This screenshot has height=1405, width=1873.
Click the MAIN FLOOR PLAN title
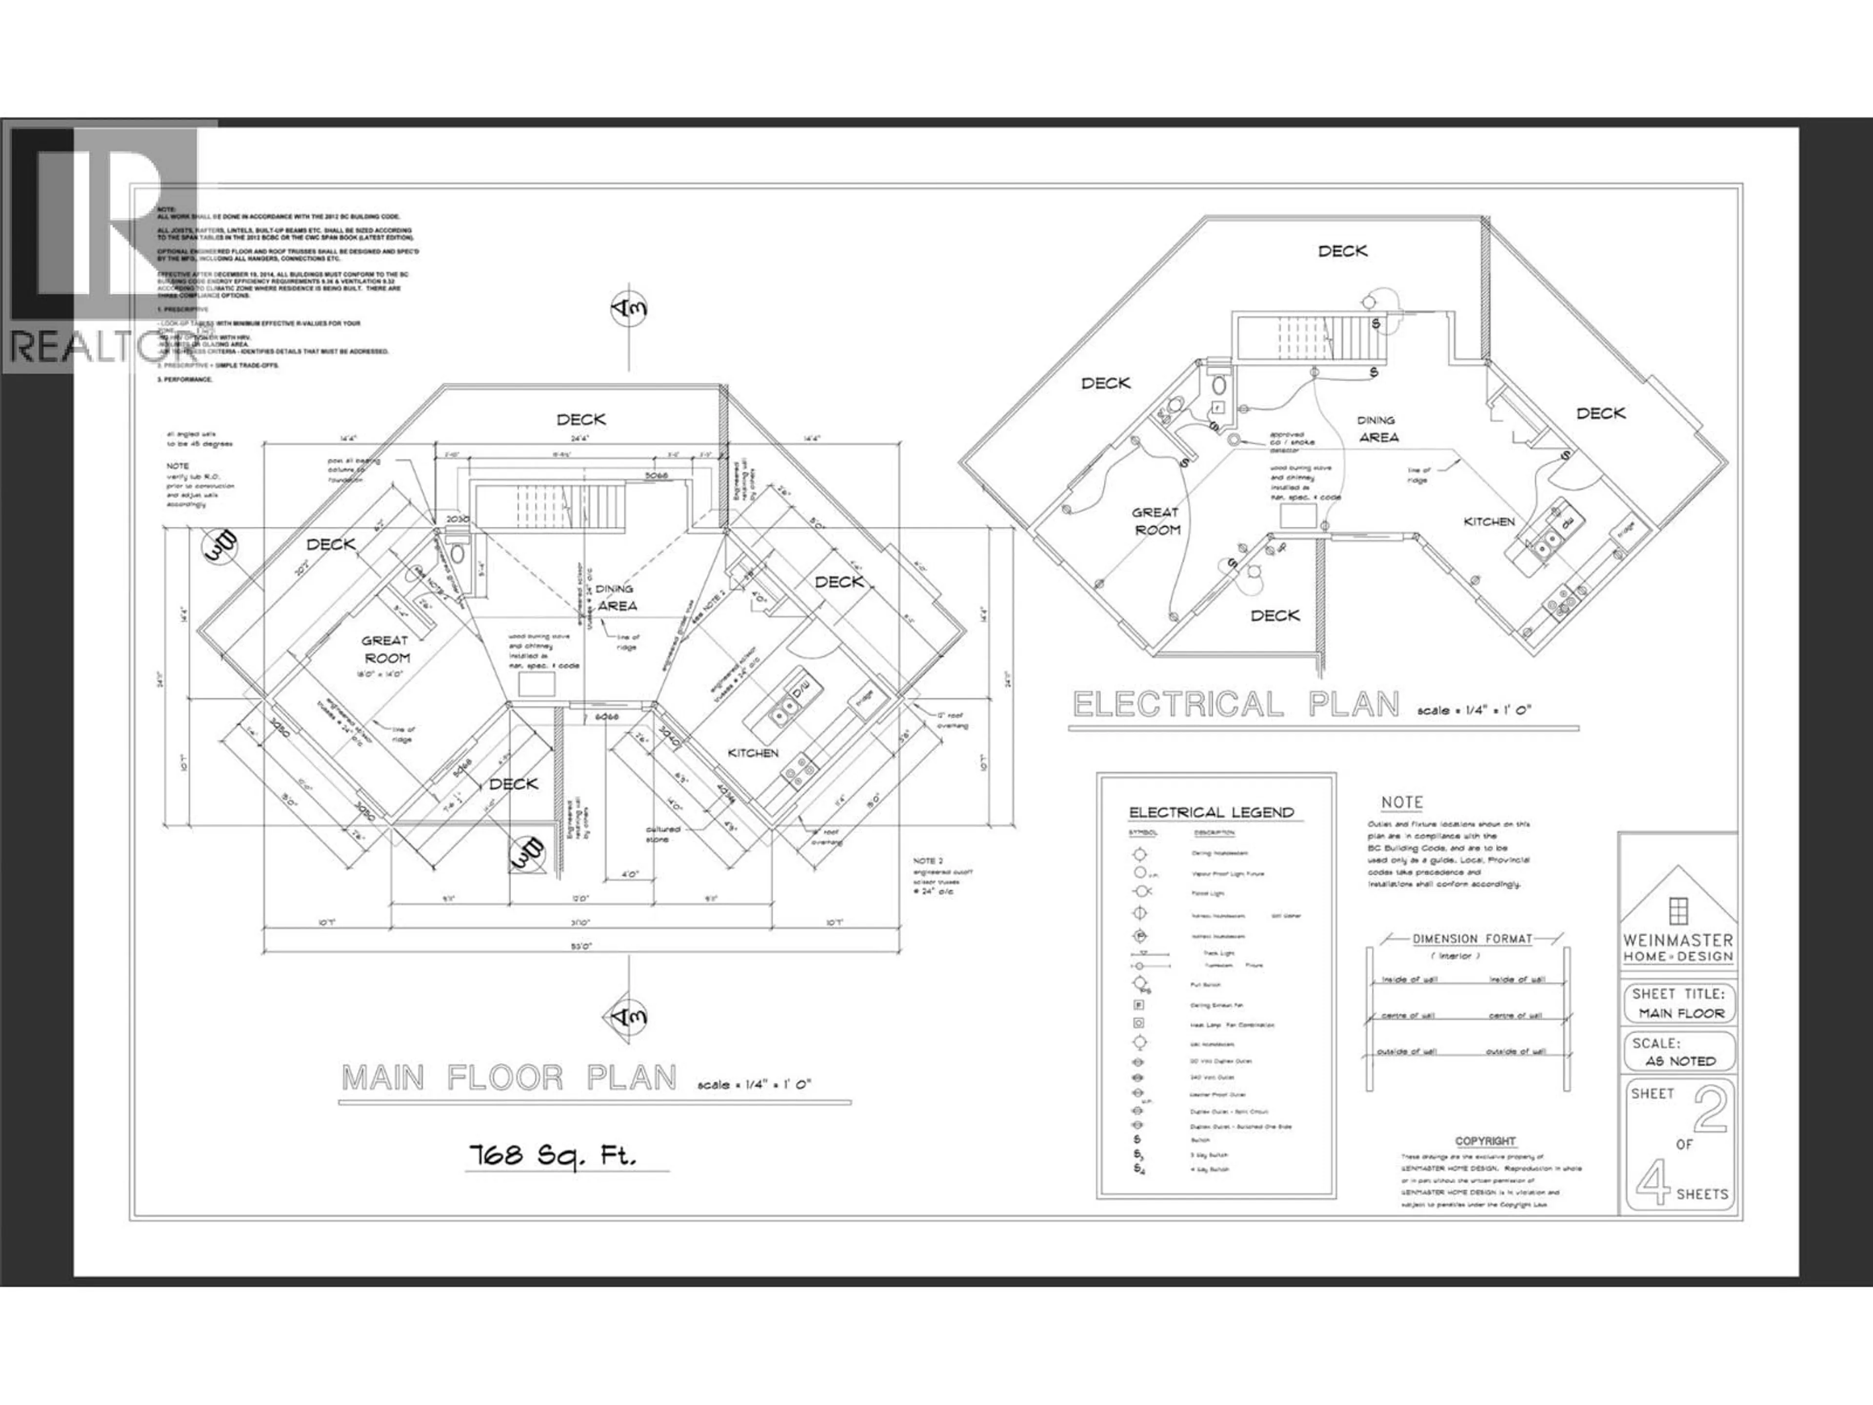[509, 1078]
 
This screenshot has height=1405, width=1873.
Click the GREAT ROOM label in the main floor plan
[386, 650]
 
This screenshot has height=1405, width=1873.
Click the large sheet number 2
[1710, 1110]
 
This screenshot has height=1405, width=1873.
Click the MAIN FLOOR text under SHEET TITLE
[1681, 1014]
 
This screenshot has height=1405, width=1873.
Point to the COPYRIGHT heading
[1485, 1141]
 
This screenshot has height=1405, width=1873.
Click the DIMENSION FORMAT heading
[1472, 938]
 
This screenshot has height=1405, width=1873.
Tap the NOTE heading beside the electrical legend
[1401, 802]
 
